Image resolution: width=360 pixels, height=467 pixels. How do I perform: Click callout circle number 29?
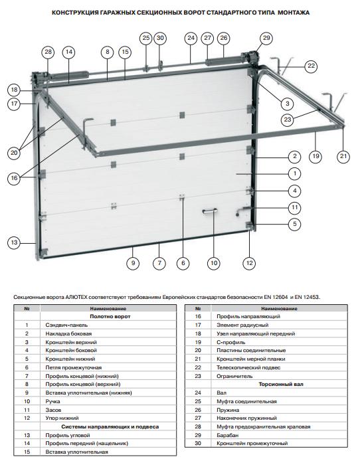point(266,38)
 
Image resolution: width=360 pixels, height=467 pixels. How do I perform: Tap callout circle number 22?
point(311,66)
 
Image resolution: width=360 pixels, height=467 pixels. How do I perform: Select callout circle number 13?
point(15,242)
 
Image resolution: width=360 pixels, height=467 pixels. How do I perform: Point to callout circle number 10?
point(214,263)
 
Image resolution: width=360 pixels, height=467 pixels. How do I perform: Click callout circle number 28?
point(48,52)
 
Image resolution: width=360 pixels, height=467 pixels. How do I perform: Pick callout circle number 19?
point(315,156)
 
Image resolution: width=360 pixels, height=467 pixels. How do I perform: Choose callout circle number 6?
point(183,263)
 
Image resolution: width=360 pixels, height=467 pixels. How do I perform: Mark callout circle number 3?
point(288,104)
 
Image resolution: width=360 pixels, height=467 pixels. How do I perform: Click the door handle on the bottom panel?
point(210,211)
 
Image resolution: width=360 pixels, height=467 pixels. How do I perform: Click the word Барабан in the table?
point(228,435)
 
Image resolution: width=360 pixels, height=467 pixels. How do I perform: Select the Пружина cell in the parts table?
point(228,410)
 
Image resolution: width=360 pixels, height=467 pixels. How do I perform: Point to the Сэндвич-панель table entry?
point(66,325)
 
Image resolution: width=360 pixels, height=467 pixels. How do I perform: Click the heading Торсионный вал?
point(281,384)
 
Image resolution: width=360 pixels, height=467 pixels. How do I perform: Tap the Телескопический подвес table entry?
point(248,367)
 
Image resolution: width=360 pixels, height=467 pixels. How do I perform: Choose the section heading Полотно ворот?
point(110,316)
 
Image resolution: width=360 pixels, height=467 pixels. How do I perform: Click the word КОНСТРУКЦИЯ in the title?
point(75,13)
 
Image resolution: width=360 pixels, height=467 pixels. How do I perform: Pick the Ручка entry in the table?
point(52,401)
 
